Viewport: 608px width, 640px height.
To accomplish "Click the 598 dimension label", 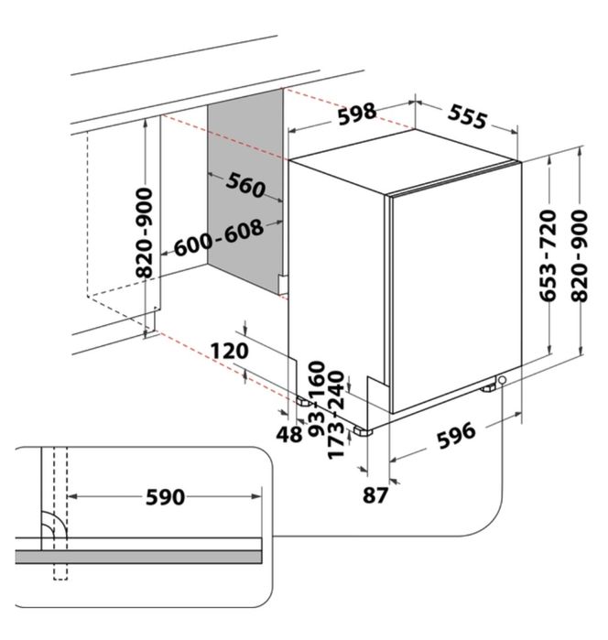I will (x=355, y=114).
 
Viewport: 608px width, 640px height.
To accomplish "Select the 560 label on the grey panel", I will (x=244, y=187).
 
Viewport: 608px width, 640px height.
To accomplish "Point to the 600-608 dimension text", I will (x=218, y=239).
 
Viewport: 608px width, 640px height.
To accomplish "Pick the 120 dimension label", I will (x=229, y=350).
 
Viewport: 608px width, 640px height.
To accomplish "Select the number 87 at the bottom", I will (x=375, y=495).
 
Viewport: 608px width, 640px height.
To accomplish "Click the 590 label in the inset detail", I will (x=165, y=497).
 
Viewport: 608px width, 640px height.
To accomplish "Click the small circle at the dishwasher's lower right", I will (x=503, y=380).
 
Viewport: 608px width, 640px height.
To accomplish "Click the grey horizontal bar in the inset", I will (x=137, y=556).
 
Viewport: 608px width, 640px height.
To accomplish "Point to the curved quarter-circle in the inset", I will (x=50, y=526).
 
